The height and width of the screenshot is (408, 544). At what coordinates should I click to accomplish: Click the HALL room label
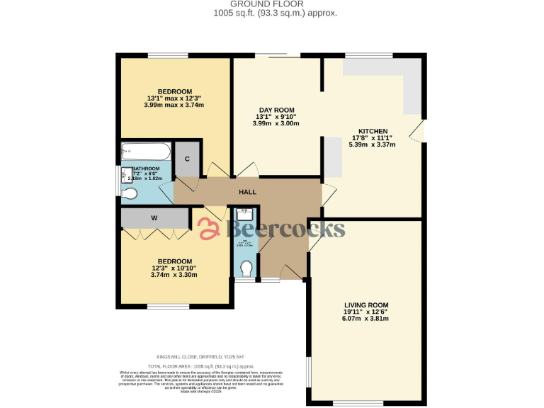247,191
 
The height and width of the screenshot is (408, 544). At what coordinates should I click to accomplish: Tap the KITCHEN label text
373,132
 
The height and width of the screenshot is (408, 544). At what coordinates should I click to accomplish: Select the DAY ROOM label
276,110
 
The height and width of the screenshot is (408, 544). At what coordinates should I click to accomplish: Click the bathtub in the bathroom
146,151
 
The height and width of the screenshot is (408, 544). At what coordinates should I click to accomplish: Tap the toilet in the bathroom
130,193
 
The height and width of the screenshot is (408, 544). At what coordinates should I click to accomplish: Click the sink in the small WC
245,212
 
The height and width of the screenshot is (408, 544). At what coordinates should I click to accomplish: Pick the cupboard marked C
188,159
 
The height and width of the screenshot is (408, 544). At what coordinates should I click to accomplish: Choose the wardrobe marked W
154,218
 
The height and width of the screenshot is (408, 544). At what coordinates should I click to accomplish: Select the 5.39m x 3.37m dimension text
372,144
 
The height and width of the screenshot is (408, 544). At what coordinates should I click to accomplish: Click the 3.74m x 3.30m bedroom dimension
174,274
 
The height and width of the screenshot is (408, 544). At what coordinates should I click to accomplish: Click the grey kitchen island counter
332,155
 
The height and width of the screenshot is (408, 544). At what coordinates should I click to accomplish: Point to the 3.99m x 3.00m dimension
276,123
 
